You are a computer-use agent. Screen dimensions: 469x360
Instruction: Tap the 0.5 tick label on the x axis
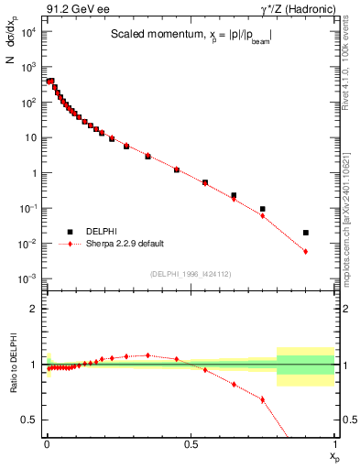tap(191, 443)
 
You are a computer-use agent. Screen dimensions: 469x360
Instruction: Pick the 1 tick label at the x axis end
tap(335, 443)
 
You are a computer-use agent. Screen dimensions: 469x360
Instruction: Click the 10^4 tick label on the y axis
tap(29, 32)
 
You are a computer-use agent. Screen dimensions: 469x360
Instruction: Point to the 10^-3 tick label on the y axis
tap(29, 278)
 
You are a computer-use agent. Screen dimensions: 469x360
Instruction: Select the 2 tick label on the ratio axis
tap(34, 309)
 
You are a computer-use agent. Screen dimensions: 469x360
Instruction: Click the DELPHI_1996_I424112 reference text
tap(190, 274)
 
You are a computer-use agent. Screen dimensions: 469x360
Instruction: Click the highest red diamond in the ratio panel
tap(147, 354)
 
